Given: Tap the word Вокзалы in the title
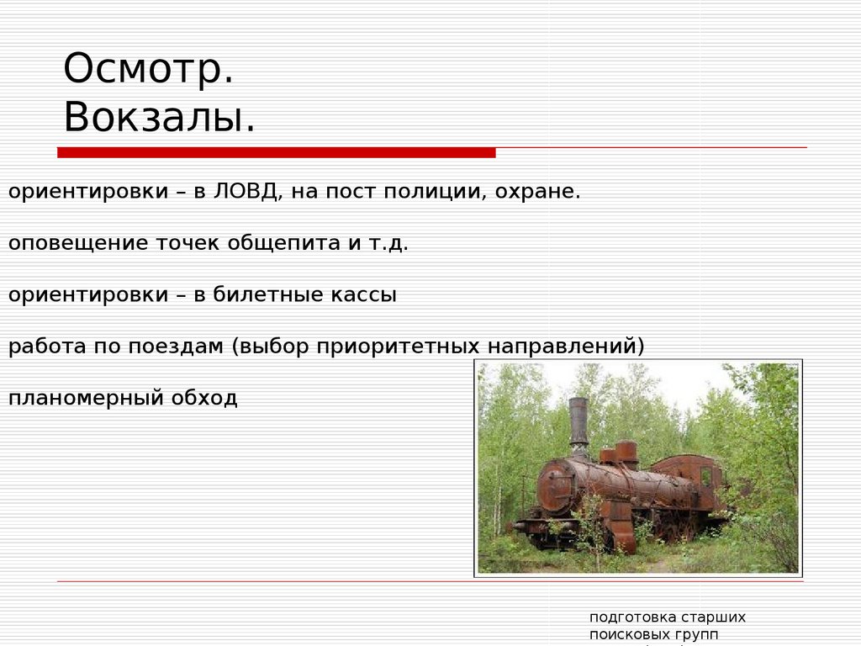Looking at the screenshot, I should point(158,118).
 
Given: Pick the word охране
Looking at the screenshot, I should point(537,192).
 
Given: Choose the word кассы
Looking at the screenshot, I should point(366,295).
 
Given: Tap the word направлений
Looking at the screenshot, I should point(566,347).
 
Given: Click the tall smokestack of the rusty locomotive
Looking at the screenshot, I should point(578,426).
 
